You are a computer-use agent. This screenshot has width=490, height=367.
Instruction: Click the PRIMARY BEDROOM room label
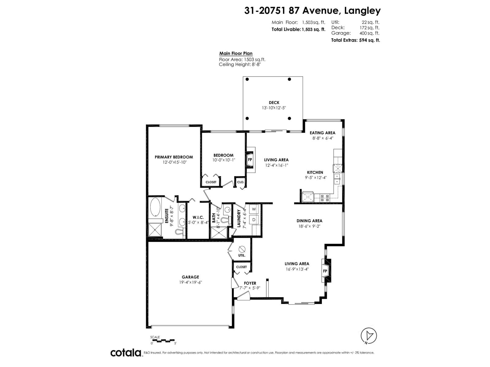(174, 157)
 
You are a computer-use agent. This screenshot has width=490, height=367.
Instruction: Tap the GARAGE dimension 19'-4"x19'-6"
(190, 282)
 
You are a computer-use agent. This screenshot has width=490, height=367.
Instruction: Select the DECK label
(274, 102)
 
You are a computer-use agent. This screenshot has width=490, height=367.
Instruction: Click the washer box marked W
(254, 209)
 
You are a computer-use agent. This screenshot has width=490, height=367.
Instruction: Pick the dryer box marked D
(254, 219)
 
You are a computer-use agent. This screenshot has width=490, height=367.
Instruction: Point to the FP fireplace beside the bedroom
(250, 160)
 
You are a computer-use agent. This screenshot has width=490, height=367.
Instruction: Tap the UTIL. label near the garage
(242, 255)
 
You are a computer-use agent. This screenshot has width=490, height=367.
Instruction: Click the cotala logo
(126, 353)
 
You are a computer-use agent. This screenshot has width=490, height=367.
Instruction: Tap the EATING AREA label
(322, 133)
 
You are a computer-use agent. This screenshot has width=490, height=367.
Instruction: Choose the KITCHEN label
(315, 172)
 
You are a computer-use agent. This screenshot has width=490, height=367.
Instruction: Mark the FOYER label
(250, 283)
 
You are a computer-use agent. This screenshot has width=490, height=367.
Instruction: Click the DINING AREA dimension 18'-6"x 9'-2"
(309, 226)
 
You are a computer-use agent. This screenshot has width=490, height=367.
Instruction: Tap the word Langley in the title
(362, 11)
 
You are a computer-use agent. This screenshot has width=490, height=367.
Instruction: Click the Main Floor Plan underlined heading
(236, 54)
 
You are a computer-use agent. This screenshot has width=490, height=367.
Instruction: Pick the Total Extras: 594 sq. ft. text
(355, 40)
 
